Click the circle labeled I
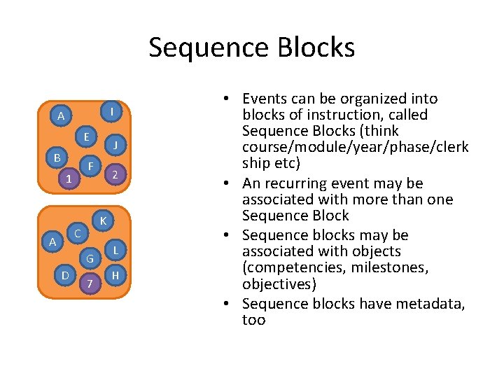113,111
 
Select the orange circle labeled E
86,136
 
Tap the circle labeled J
115,146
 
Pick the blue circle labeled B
57,157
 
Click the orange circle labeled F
90,166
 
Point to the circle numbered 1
68,179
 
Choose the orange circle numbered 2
115,174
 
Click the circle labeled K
102,221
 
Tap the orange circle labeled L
115,249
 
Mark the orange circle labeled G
90,259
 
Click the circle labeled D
65,275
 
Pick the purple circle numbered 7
89,283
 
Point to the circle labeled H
115,276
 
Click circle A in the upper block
61,115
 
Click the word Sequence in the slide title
199,48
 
